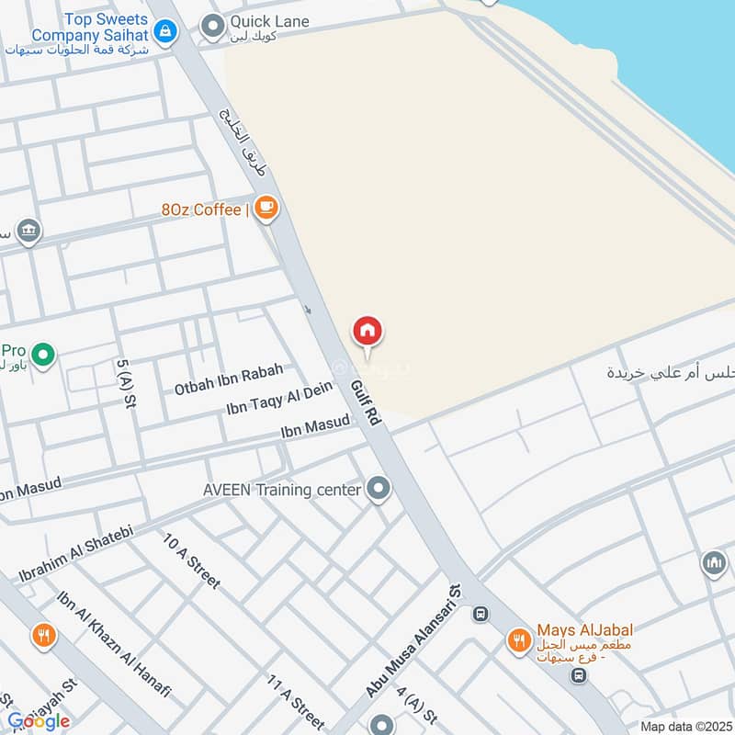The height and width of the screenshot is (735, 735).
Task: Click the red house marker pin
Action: tap(367, 332)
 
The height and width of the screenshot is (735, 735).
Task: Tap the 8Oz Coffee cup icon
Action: tap(266, 209)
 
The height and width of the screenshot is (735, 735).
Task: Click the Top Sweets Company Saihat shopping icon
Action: tap(164, 34)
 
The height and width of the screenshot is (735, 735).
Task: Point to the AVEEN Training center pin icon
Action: tap(378, 489)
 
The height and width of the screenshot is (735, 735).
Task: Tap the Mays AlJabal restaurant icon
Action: tap(519, 640)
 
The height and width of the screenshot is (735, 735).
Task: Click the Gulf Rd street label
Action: tap(367, 402)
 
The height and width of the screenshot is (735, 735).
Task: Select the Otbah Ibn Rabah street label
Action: tap(229, 379)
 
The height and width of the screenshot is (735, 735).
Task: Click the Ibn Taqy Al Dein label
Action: tap(279, 400)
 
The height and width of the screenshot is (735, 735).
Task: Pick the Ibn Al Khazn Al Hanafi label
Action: tap(116, 647)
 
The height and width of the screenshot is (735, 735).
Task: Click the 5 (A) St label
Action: tap(126, 382)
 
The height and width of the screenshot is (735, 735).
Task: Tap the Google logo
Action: tap(40, 721)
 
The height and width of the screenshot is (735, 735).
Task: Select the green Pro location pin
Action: tap(42, 353)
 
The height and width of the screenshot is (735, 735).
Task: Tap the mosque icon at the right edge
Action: tap(714, 563)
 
